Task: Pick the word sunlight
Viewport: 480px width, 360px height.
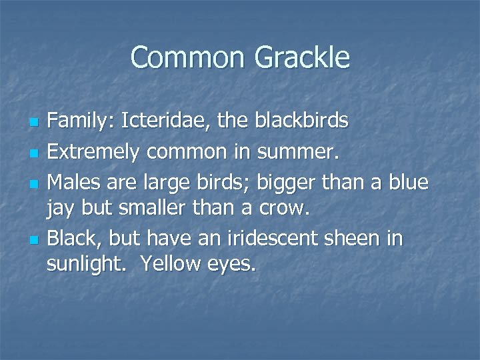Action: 87,264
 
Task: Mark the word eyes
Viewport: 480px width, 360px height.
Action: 232,265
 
